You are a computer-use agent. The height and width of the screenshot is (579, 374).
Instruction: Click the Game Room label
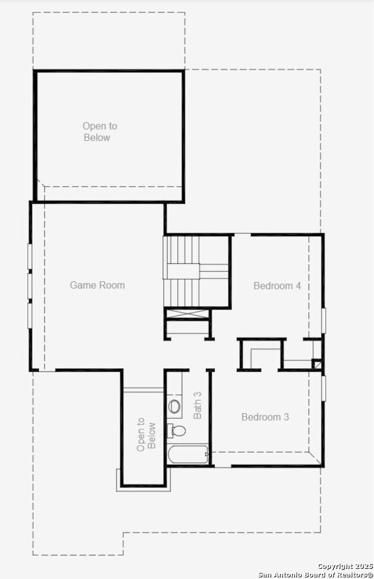pos(98,285)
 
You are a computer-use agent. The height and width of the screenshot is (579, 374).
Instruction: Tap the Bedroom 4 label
pos(277,285)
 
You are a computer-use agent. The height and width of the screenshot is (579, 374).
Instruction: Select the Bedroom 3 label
pos(265,417)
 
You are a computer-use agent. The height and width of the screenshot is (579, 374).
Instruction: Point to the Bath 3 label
pos(198,405)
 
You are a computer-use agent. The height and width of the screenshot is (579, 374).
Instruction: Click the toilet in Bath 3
pos(176,430)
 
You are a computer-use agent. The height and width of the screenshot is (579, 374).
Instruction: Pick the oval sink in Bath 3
pos(175,406)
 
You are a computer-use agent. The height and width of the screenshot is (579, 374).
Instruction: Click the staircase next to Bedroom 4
pos(196,271)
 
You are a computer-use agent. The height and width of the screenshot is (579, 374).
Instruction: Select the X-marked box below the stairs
pos(187,314)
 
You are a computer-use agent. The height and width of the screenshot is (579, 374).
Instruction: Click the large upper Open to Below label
pos(100,132)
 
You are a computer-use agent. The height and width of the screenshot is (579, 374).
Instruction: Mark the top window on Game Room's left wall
pos(30,256)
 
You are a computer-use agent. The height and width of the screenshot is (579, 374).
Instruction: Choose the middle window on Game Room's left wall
pos(30,285)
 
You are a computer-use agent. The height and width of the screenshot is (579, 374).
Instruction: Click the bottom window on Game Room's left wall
pos(30,315)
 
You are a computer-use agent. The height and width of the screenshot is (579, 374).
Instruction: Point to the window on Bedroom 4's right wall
pos(324,321)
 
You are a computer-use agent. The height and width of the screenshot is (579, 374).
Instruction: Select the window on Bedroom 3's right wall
pos(324,388)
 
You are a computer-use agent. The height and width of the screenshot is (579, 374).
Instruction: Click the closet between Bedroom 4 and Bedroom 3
pos(261,354)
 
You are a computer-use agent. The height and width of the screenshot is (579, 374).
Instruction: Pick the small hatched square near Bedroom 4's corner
pos(317,364)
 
